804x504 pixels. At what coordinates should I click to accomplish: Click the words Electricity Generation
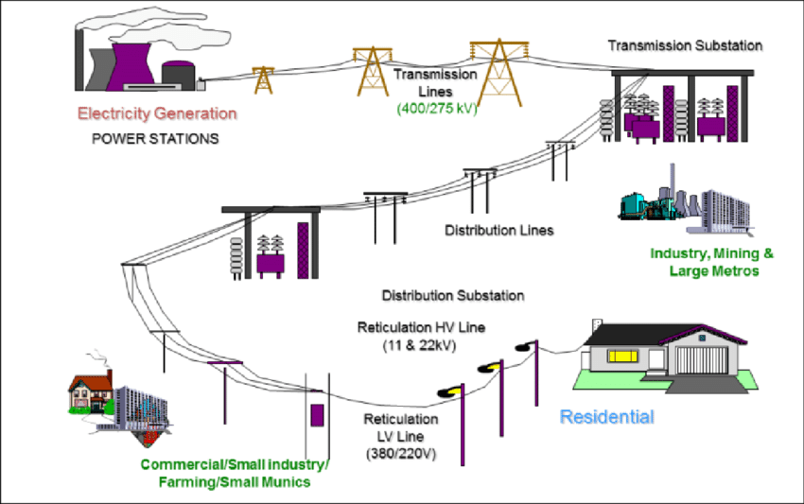tap(157, 114)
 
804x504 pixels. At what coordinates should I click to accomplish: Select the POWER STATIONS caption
tap(155, 138)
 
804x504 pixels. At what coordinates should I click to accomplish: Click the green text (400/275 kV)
tap(437, 109)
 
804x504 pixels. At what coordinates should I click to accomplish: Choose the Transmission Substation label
tap(684, 45)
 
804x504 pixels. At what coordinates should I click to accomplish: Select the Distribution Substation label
tap(453, 295)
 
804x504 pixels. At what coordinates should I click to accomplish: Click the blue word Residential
tap(606, 416)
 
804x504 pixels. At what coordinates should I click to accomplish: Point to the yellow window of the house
tap(620, 356)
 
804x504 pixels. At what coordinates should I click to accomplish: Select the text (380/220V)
tap(401, 454)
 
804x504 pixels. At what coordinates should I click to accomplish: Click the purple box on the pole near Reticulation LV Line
tap(318, 415)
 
